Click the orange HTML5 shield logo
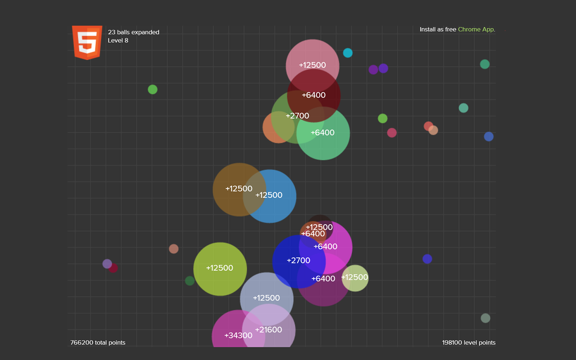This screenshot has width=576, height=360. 87,42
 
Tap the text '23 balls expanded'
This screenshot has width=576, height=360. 133,32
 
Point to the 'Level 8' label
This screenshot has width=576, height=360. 118,40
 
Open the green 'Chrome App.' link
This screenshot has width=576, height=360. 477,30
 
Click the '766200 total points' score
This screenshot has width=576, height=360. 98,343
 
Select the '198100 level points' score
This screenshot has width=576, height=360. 468,343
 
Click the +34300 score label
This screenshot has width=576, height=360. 238,335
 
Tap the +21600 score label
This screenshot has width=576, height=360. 269,330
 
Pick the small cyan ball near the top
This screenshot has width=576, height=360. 348,53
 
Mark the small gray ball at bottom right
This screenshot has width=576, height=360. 485,318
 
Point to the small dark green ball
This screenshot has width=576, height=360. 190,281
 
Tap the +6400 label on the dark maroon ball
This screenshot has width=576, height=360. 314,95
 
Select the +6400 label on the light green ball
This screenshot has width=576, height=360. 323,133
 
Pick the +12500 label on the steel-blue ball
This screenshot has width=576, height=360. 269,195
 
